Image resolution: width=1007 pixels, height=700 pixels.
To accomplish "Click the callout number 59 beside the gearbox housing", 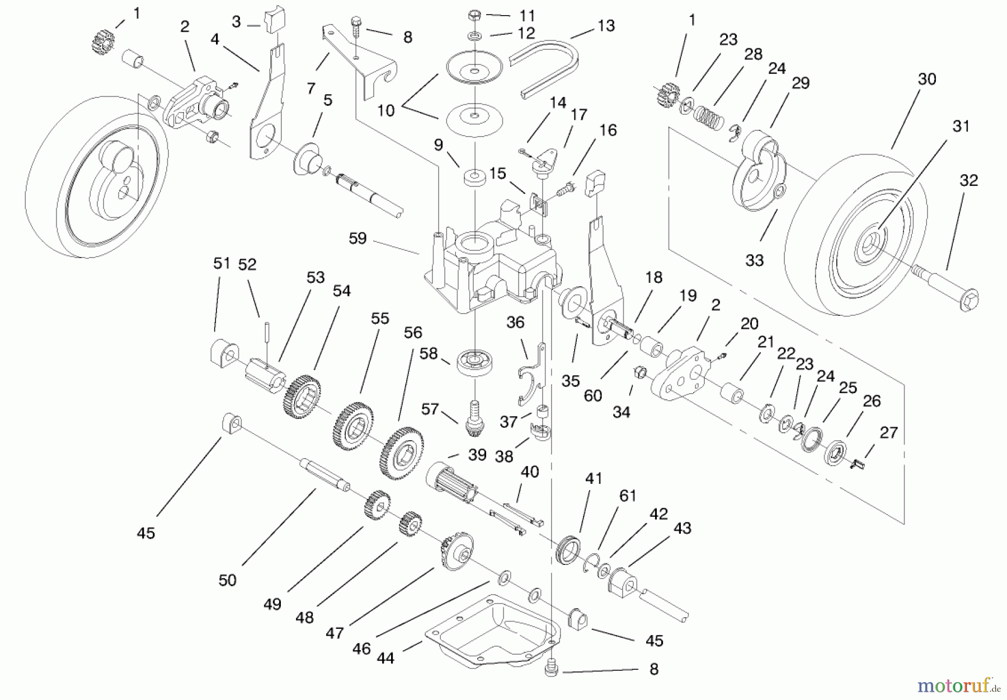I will tap(357, 238).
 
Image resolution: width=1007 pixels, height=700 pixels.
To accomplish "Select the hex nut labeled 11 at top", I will tap(474, 15).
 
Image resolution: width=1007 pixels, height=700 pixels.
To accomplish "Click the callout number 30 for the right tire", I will tap(926, 79).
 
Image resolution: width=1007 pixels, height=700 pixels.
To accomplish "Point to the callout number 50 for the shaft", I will tap(227, 580).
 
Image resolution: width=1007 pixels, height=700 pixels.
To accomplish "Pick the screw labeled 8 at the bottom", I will tap(551, 669).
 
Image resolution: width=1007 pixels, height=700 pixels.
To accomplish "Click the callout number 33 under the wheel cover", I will tap(754, 260).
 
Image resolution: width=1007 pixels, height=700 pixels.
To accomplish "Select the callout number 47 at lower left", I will tap(334, 633).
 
